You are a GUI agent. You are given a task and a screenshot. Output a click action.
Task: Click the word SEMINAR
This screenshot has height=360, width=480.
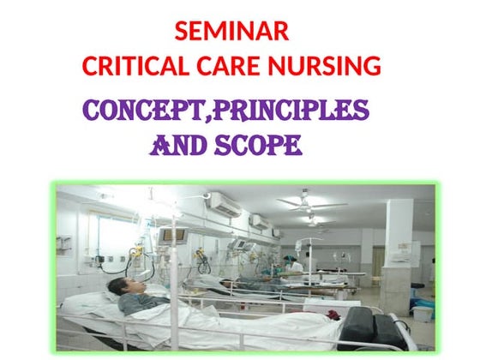click(231, 32)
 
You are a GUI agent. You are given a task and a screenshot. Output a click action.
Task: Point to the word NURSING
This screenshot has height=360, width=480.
click(327, 65)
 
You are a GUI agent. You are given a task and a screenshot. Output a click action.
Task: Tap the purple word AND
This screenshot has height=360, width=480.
click(179, 147)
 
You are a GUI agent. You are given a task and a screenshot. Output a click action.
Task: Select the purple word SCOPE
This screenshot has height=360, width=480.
click(261, 147)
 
